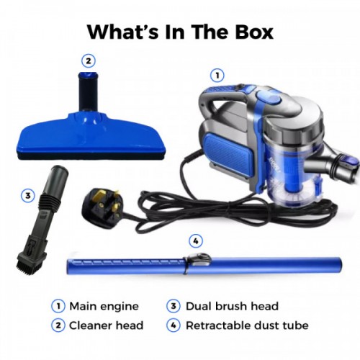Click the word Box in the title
click(x=254, y=32)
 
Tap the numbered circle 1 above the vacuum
click(x=217, y=76)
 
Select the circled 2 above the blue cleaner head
click(x=89, y=61)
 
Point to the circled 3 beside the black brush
click(x=28, y=196)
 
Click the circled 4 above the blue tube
click(x=196, y=240)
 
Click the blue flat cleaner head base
click(x=91, y=138)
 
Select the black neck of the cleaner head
click(x=89, y=91)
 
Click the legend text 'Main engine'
click(x=104, y=306)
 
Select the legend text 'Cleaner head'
click(x=106, y=325)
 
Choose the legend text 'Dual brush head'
click(x=232, y=306)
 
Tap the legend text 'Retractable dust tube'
click(x=247, y=325)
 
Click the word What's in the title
click(x=123, y=32)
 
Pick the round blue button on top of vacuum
click(x=269, y=98)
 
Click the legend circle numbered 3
click(x=174, y=306)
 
